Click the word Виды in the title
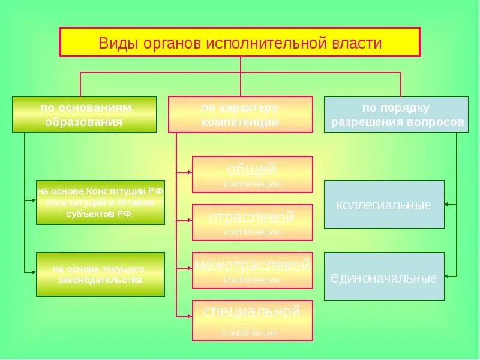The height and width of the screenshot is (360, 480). click(116, 43)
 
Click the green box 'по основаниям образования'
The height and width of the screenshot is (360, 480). click(85, 114)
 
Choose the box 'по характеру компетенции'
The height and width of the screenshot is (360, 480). click(240, 114)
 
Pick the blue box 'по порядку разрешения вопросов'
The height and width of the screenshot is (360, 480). click(397, 114)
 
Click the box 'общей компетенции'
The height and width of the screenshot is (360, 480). click(253, 174)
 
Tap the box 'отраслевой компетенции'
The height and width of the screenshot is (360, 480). click(253, 222)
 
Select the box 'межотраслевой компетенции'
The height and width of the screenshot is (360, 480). click(253, 270)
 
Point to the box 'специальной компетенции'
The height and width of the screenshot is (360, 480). click(253, 320)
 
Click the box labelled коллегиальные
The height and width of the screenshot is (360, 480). click(385, 205)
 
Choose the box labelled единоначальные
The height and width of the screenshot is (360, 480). click(385, 276)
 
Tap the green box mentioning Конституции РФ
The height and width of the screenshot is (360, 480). click(100, 202)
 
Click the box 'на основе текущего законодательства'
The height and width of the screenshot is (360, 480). click(100, 274)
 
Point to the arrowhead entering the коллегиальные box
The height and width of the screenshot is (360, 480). click(448, 205)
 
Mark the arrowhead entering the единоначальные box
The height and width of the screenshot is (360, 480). click(448, 276)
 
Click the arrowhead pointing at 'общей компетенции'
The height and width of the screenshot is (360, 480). click(189, 172)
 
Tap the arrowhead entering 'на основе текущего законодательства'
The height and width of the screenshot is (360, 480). click(34, 272)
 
